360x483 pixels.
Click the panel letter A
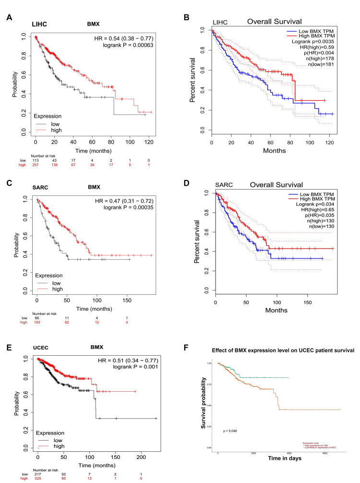[9, 18]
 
